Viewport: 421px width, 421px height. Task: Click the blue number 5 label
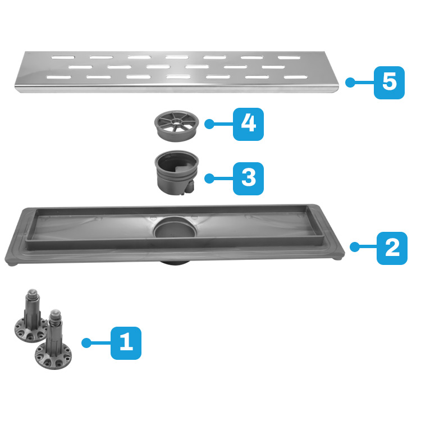click(x=389, y=83)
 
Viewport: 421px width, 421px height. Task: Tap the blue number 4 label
click(x=248, y=124)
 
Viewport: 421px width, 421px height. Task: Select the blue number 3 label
click(x=248, y=179)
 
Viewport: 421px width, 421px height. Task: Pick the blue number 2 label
click(x=392, y=248)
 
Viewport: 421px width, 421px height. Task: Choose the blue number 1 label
click(x=126, y=343)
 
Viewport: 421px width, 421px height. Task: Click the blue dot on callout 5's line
click(x=350, y=83)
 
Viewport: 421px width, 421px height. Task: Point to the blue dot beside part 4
click(x=209, y=124)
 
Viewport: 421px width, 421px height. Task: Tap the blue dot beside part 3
click(x=209, y=179)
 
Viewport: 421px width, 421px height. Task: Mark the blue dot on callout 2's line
click(x=355, y=247)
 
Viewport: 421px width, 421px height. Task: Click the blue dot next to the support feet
click(x=86, y=343)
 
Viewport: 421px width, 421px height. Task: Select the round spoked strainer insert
click(x=176, y=126)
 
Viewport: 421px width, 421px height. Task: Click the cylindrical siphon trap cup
click(x=176, y=172)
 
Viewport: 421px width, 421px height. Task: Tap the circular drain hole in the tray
click(x=175, y=228)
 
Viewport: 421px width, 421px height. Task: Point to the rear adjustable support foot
click(x=31, y=316)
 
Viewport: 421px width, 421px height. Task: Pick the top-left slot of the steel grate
click(x=63, y=57)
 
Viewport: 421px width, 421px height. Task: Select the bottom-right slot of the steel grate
click(x=295, y=77)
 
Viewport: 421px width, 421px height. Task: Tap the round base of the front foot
click(x=53, y=356)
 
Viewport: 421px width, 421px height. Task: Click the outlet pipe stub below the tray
click(x=175, y=262)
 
